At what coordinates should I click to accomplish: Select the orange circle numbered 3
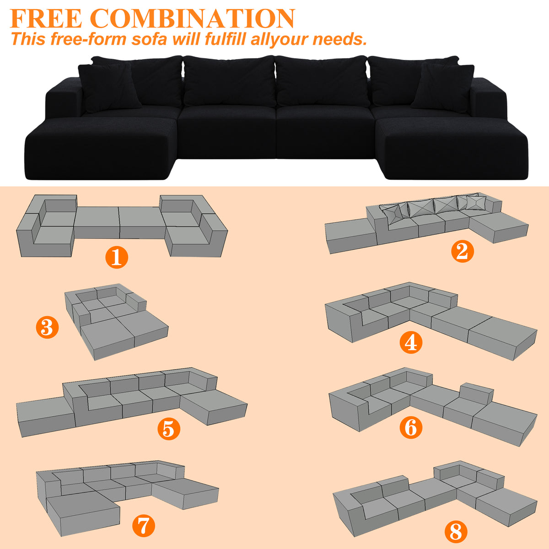(x=47, y=328)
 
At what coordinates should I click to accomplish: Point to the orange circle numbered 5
(x=169, y=429)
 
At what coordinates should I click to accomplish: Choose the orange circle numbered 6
(x=410, y=427)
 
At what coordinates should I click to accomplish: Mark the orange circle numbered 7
(x=144, y=526)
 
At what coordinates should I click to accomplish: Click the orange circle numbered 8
(x=456, y=532)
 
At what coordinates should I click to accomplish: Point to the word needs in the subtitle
(x=339, y=39)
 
